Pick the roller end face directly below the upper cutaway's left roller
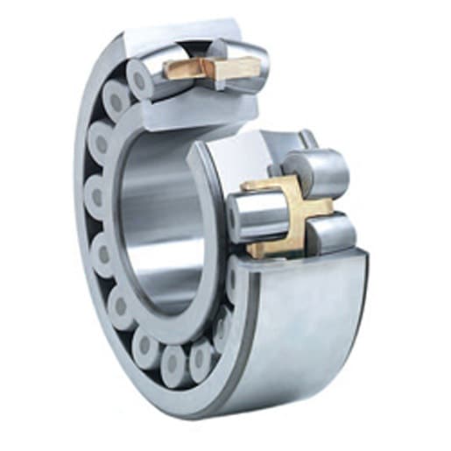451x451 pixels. coord(115,101)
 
